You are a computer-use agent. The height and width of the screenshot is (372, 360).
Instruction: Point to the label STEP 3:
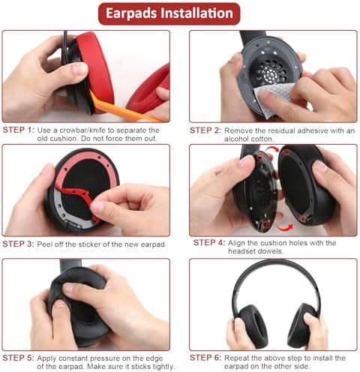pos(18,244)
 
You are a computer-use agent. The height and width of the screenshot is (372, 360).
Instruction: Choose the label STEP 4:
pos(209,243)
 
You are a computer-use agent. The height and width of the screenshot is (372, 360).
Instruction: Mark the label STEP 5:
pos(18,357)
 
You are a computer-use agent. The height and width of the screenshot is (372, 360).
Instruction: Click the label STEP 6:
pos(205,357)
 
